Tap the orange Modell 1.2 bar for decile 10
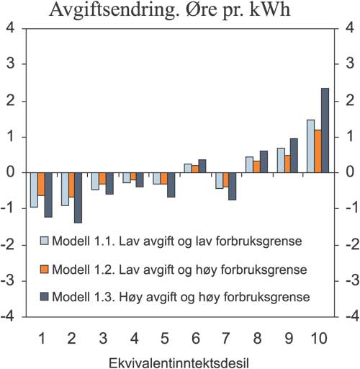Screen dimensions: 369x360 coord(317,151)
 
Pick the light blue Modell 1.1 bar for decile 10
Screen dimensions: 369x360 coord(310,146)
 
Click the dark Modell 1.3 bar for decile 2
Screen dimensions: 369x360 coord(77,197)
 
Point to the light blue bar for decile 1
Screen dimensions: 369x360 coord(33,190)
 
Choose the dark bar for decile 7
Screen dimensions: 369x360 coord(232,186)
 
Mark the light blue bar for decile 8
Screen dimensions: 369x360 coord(248,165)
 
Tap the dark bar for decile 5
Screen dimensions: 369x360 coord(171,184)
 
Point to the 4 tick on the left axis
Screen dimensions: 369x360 coord(10,28)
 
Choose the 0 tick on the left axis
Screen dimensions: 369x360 coord(10,172)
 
